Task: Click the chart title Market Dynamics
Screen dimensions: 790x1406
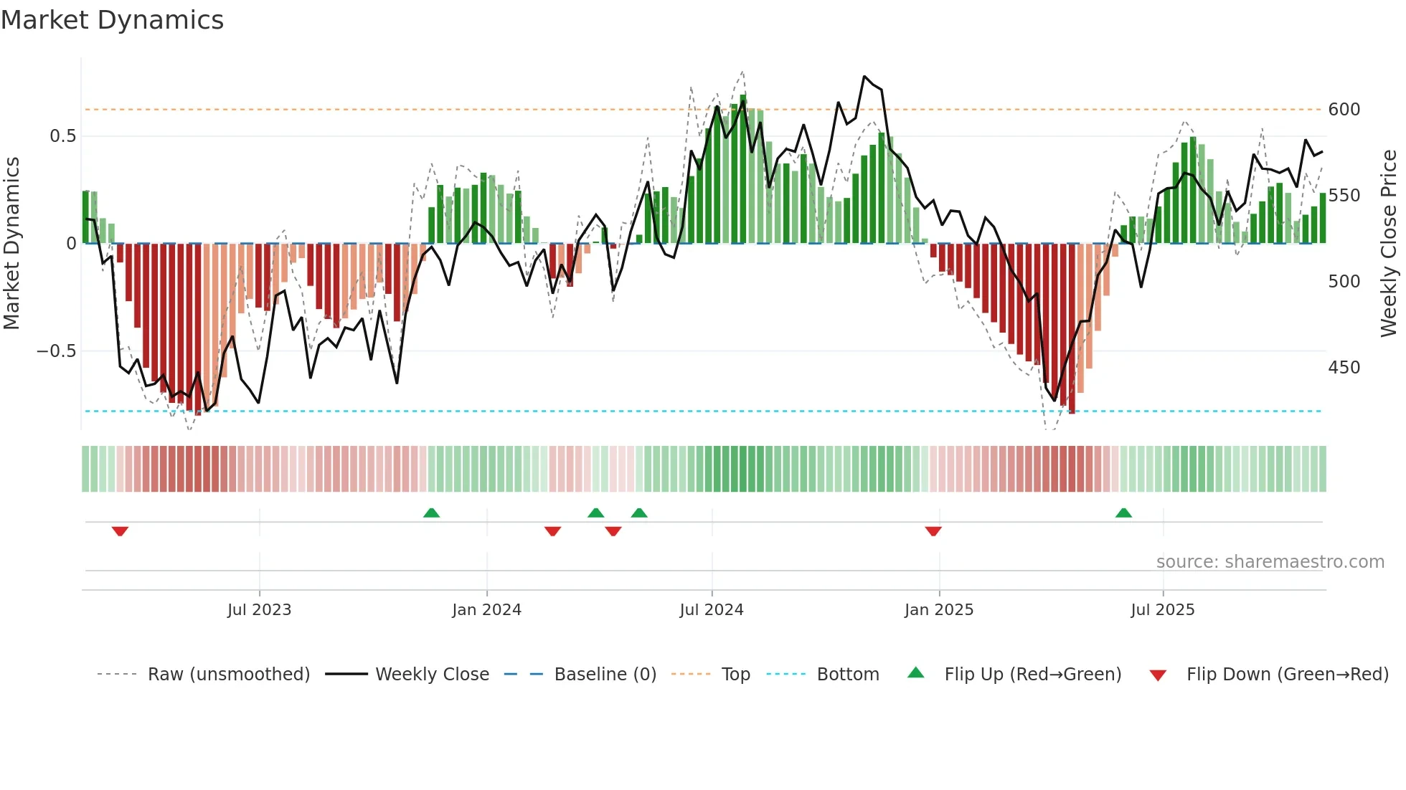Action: (113, 20)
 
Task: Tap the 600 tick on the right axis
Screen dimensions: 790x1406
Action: (1344, 110)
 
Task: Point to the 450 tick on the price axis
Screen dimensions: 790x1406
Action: (1344, 368)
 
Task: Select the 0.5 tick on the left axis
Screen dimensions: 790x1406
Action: (62, 136)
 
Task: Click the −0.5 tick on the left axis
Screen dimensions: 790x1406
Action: (57, 351)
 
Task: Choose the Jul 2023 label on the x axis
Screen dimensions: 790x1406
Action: (259, 610)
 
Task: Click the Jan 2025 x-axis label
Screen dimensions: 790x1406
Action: (938, 610)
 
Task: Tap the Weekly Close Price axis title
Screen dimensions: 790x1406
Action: (1389, 243)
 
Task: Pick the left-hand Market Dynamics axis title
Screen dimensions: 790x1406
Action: (12, 243)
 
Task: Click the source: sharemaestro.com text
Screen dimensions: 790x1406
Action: (1270, 562)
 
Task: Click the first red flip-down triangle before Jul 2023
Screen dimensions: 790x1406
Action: (120, 531)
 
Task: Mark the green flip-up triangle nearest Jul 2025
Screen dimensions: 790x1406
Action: (1123, 513)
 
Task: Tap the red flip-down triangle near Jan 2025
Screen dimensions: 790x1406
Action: (933, 531)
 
